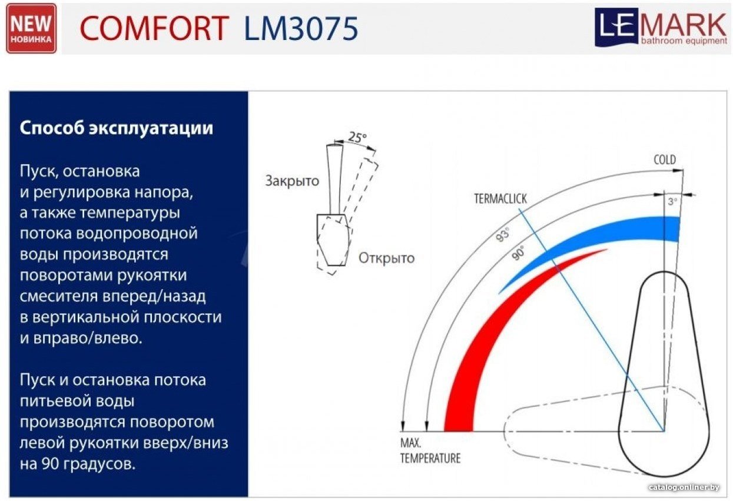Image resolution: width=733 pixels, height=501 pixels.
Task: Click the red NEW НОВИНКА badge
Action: (x=31, y=28)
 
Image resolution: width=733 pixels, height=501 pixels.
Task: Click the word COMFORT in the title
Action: (x=154, y=28)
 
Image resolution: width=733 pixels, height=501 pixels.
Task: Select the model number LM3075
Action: (x=301, y=28)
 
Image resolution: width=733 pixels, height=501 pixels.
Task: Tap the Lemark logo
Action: (x=662, y=27)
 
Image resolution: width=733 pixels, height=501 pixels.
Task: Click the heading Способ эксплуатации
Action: (x=116, y=128)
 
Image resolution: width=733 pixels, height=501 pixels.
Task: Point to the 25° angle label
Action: (x=357, y=137)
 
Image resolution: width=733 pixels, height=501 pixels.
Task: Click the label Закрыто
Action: (x=292, y=181)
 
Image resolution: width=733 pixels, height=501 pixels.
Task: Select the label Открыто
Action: (x=386, y=258)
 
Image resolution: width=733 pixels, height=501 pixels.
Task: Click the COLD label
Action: (x=665, y=160)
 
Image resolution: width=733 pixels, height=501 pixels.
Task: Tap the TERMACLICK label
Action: (x=500, y=198)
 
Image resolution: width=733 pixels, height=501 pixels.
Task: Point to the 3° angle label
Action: (x=672, y=201)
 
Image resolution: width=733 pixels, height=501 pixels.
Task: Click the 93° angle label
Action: (x=502, y=235)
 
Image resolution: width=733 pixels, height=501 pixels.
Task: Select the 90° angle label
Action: (x=518, y=253)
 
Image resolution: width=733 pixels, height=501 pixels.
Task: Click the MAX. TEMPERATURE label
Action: (x=430, y=451)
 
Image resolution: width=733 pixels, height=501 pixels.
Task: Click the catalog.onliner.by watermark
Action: (x=684, y=487)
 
